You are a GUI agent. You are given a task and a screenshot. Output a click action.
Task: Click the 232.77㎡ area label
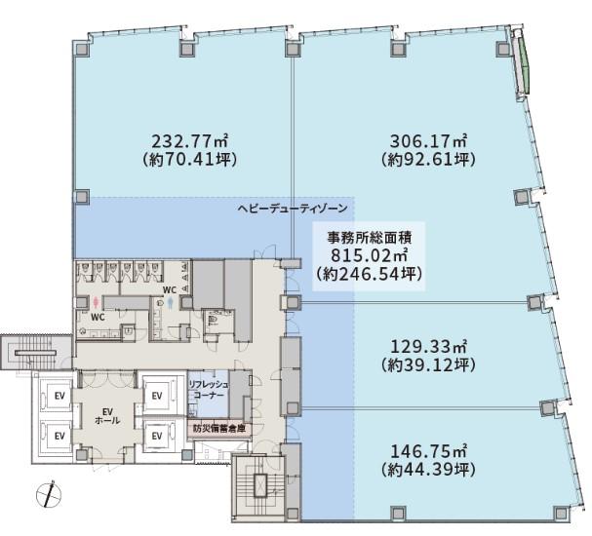click(190, 141)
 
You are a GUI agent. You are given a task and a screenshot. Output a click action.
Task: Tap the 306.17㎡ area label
click(428, 141)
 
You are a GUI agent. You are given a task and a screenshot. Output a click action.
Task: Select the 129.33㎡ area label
click(428, 346)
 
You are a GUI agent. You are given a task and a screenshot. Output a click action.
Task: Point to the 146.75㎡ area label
click(428, 451)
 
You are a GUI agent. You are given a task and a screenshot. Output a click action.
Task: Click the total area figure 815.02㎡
click(369, 255)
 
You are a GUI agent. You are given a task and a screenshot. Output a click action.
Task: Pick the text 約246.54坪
click(369, 274)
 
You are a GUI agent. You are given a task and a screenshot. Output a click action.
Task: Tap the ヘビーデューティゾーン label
click(293, 209)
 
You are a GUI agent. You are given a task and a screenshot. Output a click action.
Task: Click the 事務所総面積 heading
click(369, 238)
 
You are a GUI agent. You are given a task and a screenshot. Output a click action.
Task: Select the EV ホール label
click(107, 416)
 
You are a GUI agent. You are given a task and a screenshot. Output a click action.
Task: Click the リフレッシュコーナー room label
click(209, 390)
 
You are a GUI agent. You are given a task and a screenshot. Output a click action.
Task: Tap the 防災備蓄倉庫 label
click(219, 429)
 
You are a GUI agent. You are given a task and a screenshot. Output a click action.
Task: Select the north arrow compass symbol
click(49, 494)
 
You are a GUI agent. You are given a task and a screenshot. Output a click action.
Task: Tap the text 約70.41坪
click(190, 160)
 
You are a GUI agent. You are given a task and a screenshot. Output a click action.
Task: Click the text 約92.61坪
click(428, 160)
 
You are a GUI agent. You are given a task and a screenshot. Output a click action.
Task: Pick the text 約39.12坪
click(428, 364)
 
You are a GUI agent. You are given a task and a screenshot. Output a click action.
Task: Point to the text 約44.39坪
click(428, 469)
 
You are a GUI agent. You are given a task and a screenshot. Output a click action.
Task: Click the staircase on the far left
click(36, 353)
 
